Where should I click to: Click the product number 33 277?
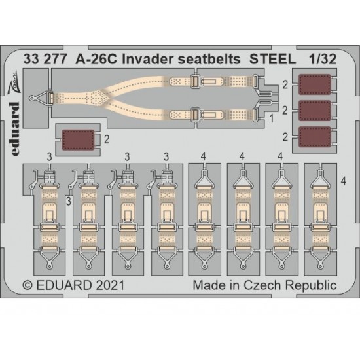point(45,59)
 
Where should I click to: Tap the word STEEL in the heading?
point(273,59)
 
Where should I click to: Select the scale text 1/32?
point(322,59)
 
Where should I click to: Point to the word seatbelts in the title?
point(209,59)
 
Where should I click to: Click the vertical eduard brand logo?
point(16,129)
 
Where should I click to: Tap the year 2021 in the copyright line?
point(110,285)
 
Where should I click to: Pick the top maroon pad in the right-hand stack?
point(315,84)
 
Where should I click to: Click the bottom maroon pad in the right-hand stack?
point(315,137)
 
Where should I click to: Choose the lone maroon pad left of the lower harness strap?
point(79,140)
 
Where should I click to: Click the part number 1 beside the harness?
point(272,118)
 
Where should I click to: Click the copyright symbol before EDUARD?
point(27,286)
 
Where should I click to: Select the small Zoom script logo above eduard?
point(14,82)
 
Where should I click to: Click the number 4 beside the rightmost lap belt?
point(343,181)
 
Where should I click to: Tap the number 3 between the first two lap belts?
point(69,202)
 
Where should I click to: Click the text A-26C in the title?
point(96,59)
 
